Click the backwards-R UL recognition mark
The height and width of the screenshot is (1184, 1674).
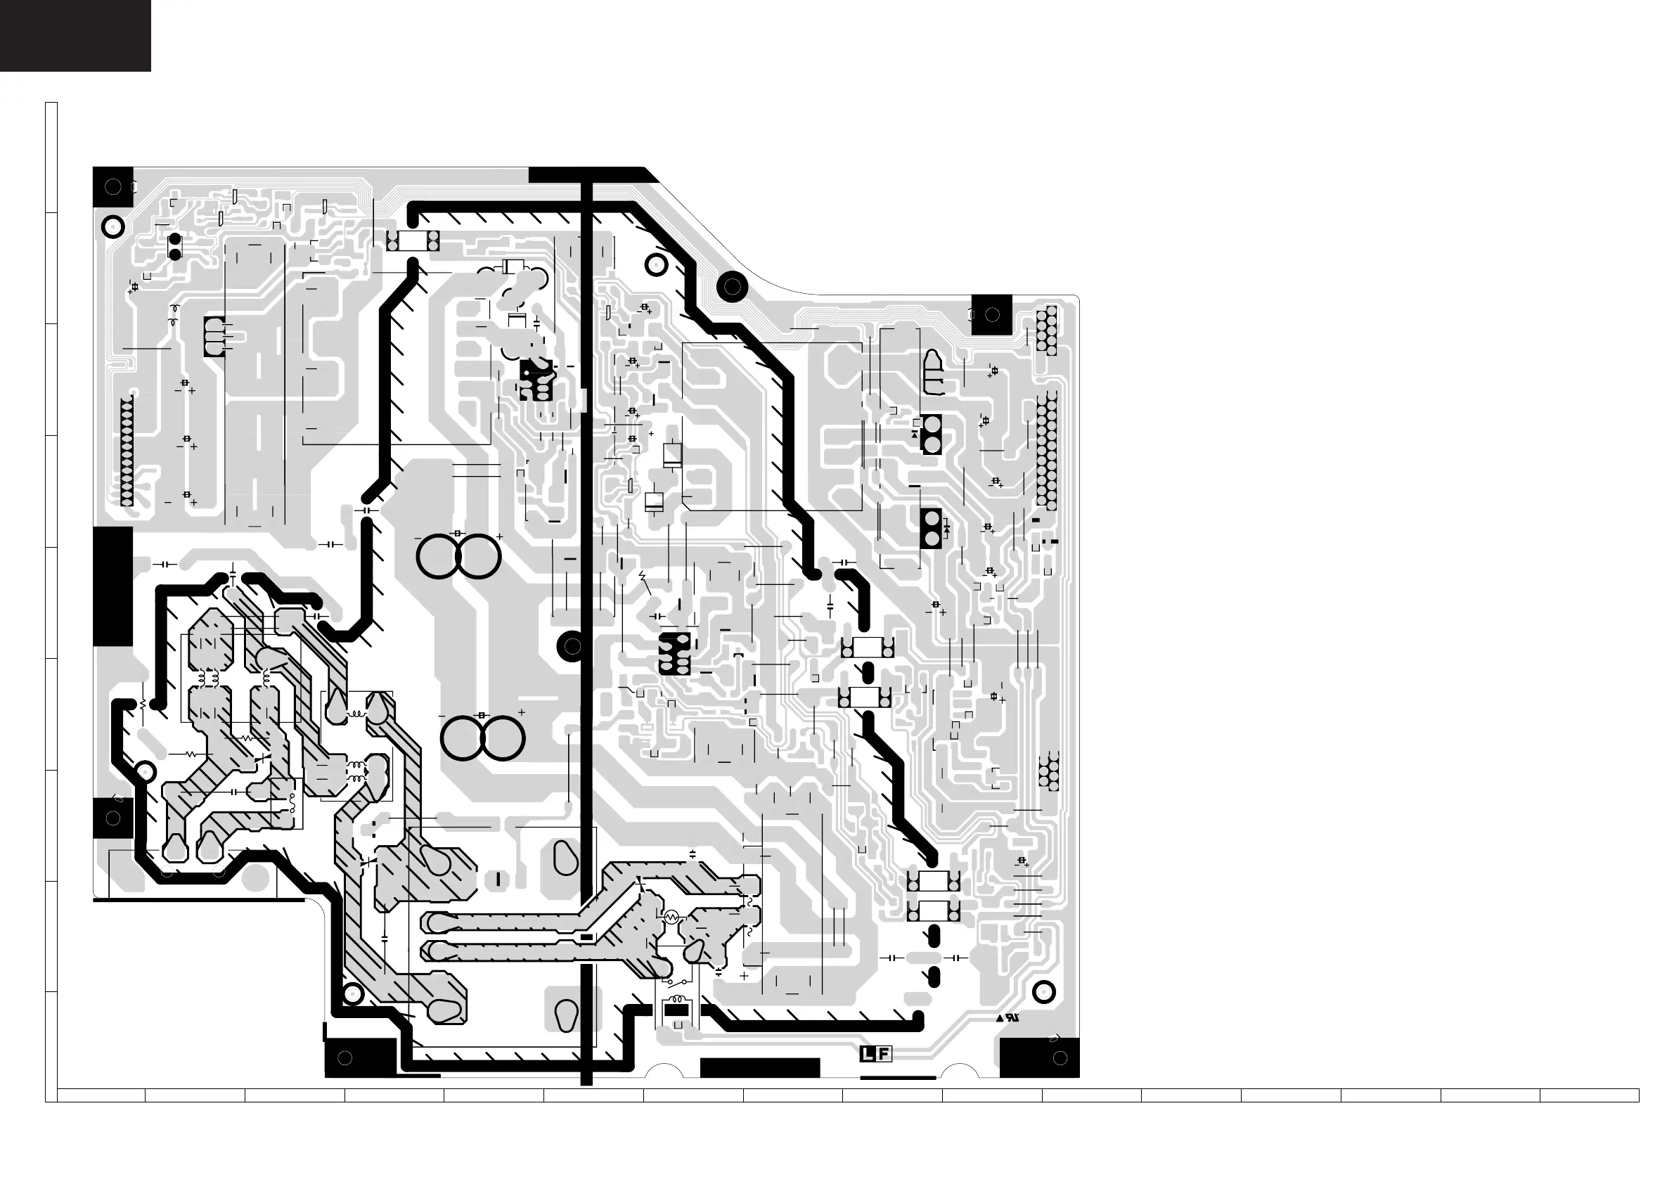coord(1012,1019)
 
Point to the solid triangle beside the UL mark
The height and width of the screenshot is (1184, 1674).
coord(1000,1019)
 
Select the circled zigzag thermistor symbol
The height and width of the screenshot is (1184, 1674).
coord(671,916)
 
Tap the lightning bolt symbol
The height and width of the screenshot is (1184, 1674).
coord(643,577)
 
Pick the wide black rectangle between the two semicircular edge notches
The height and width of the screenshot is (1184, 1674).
coord(760,1067)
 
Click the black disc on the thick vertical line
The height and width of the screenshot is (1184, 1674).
coord(572,645)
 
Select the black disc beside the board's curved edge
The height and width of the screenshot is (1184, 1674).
coord(732,288)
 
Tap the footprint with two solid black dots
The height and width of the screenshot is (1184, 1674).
coord(175,247)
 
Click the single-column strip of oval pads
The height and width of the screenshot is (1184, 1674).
coord(127,451)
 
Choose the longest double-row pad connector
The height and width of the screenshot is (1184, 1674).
coord(1046,451)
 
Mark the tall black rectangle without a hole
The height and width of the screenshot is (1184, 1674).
coord(113,586)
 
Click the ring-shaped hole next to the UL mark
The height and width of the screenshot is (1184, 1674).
coord(1044,991)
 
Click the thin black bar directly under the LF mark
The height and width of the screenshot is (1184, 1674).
coord(899,1077)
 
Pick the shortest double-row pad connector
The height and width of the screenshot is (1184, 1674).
coord(1048,773)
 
